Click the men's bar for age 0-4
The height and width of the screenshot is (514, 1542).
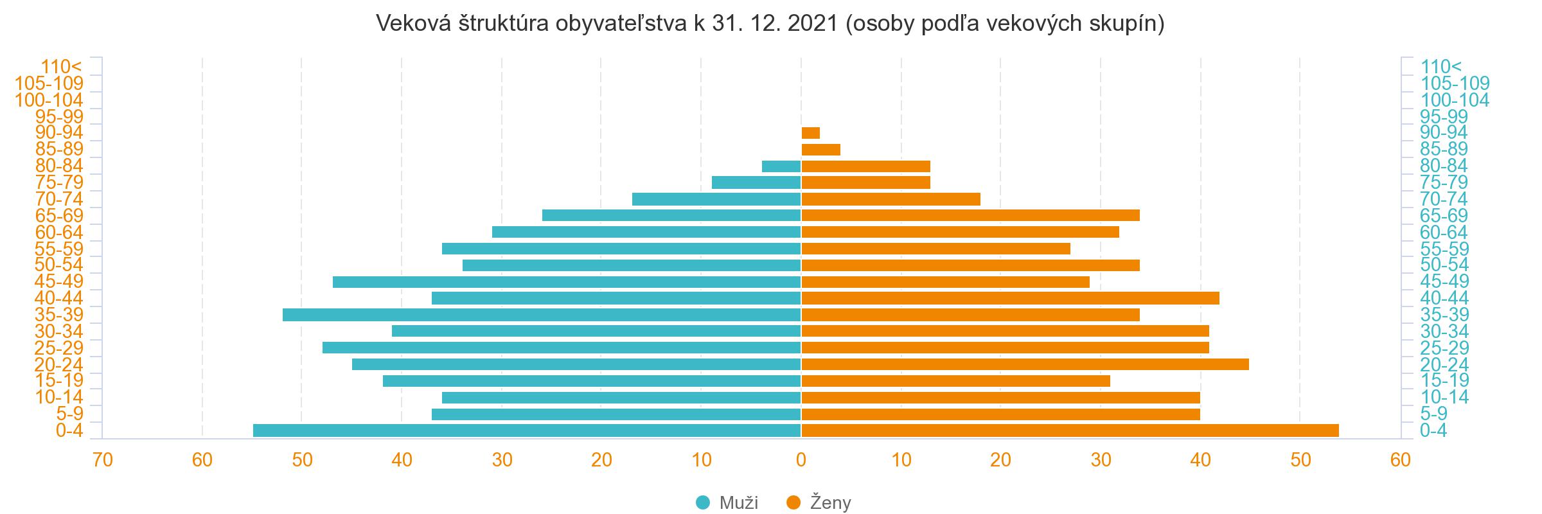tap(527, 430)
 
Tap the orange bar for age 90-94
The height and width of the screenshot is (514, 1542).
tap(811, 133)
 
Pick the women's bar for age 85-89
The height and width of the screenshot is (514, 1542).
tap(821, 150)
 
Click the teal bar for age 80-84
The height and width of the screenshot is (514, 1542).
tap(781, 166)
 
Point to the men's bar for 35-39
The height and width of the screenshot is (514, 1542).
tap(542, 315)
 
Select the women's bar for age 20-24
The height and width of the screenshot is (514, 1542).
tap(1025, 364)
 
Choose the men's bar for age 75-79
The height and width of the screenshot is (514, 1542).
tap(756, 182)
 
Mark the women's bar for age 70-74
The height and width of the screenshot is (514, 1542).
tap(891, 199)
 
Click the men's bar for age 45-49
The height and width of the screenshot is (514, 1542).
tap(567, 282)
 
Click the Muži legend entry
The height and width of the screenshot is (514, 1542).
tap(727, 502)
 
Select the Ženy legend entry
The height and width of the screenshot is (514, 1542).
tap(819, 502)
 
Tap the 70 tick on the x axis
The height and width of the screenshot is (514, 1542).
tap(103, 460)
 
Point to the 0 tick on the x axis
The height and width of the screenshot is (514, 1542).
tap(801, 460)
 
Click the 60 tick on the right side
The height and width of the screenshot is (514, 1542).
tap(1400, 460)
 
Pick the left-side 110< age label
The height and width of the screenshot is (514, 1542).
tap(62, 67)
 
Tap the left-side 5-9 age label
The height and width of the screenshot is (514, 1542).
tap(70, 414)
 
